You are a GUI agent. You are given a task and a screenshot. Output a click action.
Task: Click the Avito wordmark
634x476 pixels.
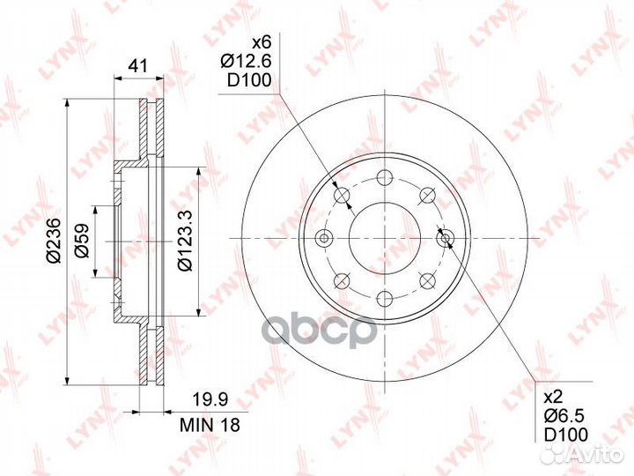click(599, 455)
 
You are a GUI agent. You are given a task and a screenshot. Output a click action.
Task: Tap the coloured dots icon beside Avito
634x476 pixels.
click(557, 454)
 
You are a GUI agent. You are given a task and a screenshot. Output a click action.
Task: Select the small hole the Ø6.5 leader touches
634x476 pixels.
click(446, 237)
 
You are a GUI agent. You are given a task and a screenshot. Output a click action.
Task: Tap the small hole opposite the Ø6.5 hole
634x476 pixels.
click(324, 238)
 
